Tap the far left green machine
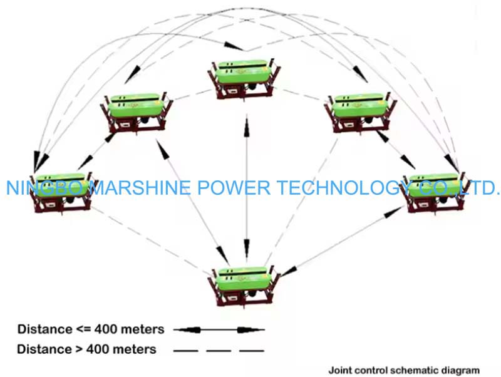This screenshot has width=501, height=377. pyautogui.click(x=61, y=188)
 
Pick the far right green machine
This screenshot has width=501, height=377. pyautogui.click(x=433, y=187)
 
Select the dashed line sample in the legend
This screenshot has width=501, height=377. pyautogui.click(x=219, y=349)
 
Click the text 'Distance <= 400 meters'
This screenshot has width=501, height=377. pyautogui.click(x=91, y=329)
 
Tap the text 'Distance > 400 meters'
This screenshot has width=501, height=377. pyautogui.click(x=87, y=349)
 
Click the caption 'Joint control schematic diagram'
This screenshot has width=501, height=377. pyautogui.click(x=405, y=370)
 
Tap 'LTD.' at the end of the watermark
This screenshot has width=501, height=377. pyautogui.click(x=478, y=187)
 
